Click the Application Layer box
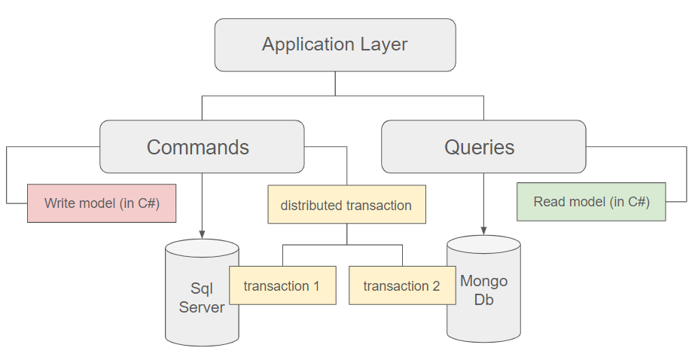pos(335,44)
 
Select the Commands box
pos(202,146)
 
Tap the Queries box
pos(483,146)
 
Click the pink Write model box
pos(102,203)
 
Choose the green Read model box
pos(591,201)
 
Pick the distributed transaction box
pos(346,204)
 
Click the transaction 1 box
pos(282,285)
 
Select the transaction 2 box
pos(402,285)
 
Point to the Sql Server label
pos(202,297)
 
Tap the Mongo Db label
pos(483,290)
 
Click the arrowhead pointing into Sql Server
pos(202,234)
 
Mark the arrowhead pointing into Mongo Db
pos(483,230)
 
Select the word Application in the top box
pos(308,44)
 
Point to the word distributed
pos(312,206)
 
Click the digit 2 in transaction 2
pos(436,286)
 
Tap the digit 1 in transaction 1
pos(316,286)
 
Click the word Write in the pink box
pos(58,203)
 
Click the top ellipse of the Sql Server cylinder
pos(202,248)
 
